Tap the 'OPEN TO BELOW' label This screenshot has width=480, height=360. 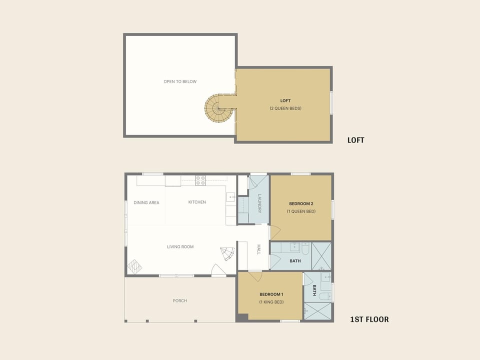tap(180, 81)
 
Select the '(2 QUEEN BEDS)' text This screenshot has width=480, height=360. tap(285, 108)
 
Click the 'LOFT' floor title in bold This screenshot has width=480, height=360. tap(355, 140)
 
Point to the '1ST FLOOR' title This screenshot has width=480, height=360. tap(369, 319)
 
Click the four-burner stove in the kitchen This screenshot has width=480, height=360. tap(200, 180)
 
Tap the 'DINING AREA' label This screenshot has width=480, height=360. tap(146, 202)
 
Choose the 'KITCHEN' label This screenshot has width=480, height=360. tap(197, 202)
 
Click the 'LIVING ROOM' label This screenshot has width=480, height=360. tap(180, 247)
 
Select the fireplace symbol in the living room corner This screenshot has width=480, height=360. tap(134, 267)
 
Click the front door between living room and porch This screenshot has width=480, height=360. tap(218, 271)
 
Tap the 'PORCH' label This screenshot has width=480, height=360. tap(180, 301)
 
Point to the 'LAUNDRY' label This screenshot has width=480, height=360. tap(259, 203)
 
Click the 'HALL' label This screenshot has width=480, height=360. tap(259, 249)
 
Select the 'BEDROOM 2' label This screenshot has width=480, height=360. tap(301, 203)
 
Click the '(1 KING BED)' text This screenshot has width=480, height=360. tap(271, 302)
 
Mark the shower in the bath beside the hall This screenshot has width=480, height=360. tap(321, 255)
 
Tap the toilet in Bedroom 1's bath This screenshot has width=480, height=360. tap(323, 296)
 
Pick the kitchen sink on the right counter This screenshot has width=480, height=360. tap(231, 197)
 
